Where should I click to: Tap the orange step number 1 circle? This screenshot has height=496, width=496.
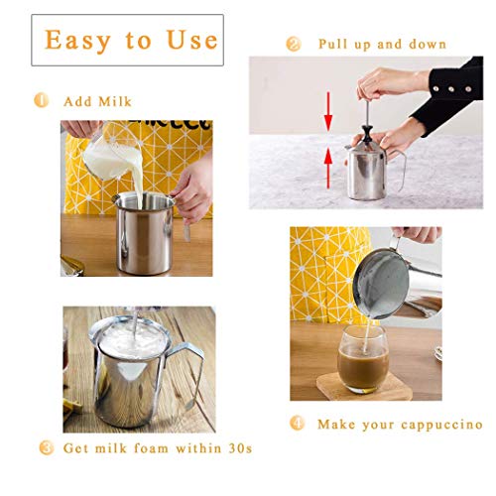click(x=41, y=100)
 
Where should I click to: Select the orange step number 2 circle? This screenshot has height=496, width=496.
click(x=293, y=44)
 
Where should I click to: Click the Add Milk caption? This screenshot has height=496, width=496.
click(x=96, y=101)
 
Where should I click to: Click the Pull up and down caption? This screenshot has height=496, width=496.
click(x=381, y=45)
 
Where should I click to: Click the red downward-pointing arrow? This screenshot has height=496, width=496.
click(x=327, y=112)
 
